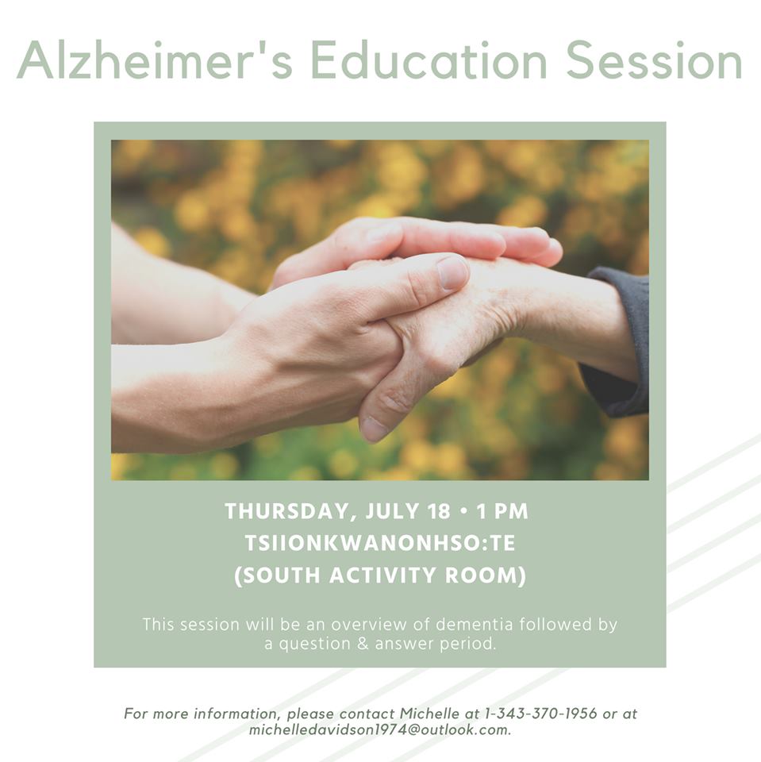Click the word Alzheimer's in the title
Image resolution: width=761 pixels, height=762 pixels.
[x=155, y=60]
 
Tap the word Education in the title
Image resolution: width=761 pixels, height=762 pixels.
[x=429, y=60]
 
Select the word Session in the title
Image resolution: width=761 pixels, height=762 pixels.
[x=654, y=60]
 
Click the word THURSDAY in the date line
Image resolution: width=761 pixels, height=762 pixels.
[x=287, y=512]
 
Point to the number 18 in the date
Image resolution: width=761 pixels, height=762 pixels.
[x=439, y=511]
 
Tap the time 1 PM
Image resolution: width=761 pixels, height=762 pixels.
[x=502, y=511]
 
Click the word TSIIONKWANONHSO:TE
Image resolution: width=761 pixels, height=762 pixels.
[x=380, y=543]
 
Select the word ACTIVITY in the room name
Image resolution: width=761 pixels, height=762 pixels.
[x=382, y=575]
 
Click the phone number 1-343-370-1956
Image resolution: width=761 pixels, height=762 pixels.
[x=541, y=714]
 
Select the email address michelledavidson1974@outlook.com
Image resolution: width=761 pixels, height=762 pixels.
[x=379, y=730]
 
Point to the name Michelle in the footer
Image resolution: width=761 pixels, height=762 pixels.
[x=429, y=714]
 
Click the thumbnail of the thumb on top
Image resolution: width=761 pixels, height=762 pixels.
[x=452, y=272]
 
